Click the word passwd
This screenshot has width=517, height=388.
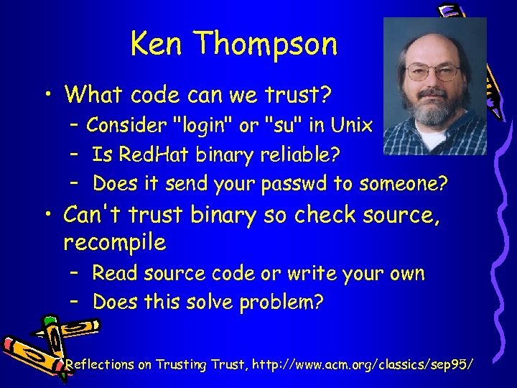coord(295,184)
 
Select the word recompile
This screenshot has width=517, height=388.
coord(115,243)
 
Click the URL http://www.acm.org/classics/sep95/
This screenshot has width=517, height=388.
coord(359,365)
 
